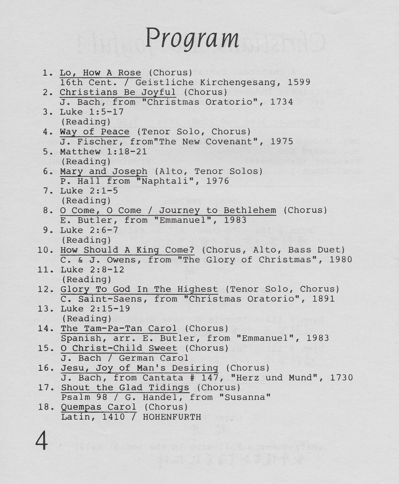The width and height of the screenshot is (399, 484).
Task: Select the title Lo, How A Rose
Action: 100,72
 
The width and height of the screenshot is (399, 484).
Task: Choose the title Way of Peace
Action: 95,132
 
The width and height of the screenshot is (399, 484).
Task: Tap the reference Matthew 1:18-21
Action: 103,151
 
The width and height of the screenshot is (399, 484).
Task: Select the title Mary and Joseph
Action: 103,171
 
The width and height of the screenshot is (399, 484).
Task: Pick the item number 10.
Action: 45,250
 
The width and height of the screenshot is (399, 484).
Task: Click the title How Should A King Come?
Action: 127,250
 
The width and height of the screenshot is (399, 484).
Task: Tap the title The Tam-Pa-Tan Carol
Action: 118,328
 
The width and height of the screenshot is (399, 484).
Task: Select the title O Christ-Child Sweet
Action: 118,348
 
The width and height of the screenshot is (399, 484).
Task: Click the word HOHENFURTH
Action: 172,417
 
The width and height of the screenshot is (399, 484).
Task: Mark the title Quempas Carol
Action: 98,407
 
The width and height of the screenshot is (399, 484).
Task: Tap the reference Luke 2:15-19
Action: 92,308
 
